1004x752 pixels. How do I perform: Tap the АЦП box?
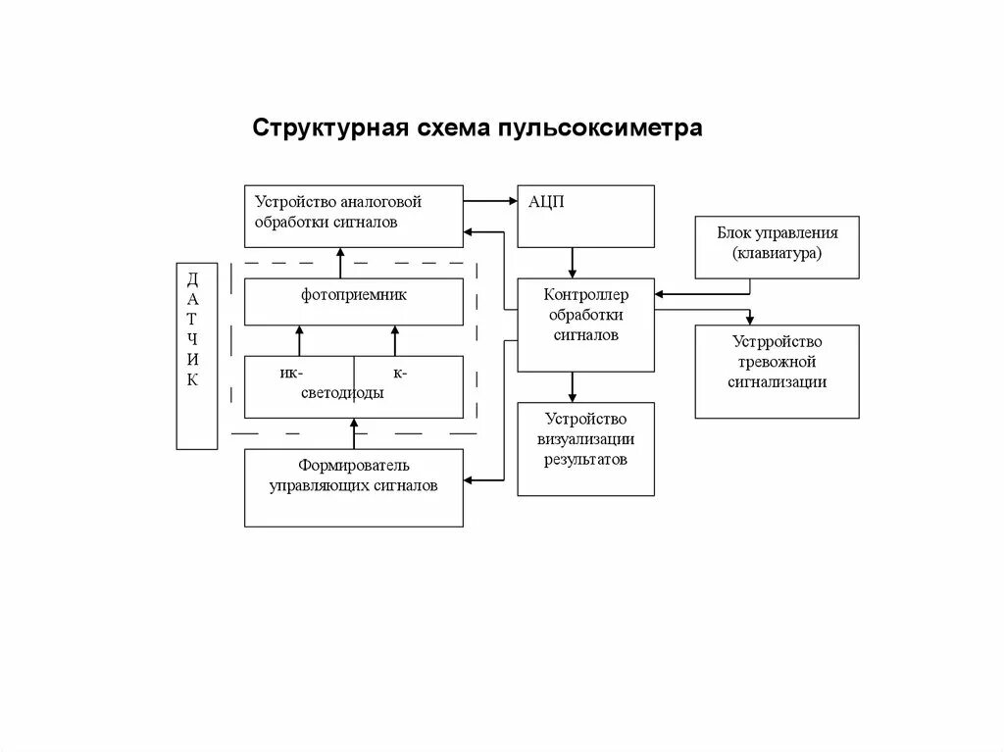585,216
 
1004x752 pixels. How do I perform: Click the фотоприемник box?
354,302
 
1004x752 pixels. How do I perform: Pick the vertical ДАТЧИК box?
196,355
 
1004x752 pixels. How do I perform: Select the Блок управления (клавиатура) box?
777,247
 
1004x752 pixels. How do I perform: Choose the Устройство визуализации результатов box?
585,448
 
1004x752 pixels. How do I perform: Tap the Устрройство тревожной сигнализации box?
777,371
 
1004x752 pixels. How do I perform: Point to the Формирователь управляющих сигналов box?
354,487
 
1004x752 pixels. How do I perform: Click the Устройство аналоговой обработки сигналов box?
354,215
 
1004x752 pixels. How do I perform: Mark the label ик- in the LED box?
290,373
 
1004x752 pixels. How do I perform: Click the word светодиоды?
342,392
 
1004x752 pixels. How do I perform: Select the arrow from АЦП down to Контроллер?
573,263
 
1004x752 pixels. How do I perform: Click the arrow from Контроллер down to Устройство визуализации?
573,386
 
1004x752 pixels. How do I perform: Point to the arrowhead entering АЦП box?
511,201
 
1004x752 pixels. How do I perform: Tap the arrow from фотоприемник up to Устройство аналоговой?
340,263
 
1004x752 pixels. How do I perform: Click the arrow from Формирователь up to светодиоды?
355,432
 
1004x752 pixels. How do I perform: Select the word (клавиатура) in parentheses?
777,253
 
